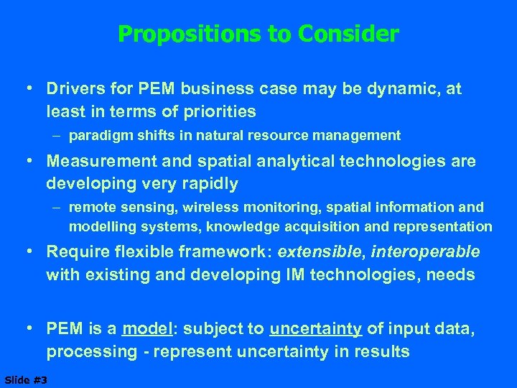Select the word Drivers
click(x=73, y=89)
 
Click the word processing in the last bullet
click(x=92, y=352)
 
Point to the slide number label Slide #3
click(x=25, y=379)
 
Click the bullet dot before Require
click(x=30, y=252)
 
